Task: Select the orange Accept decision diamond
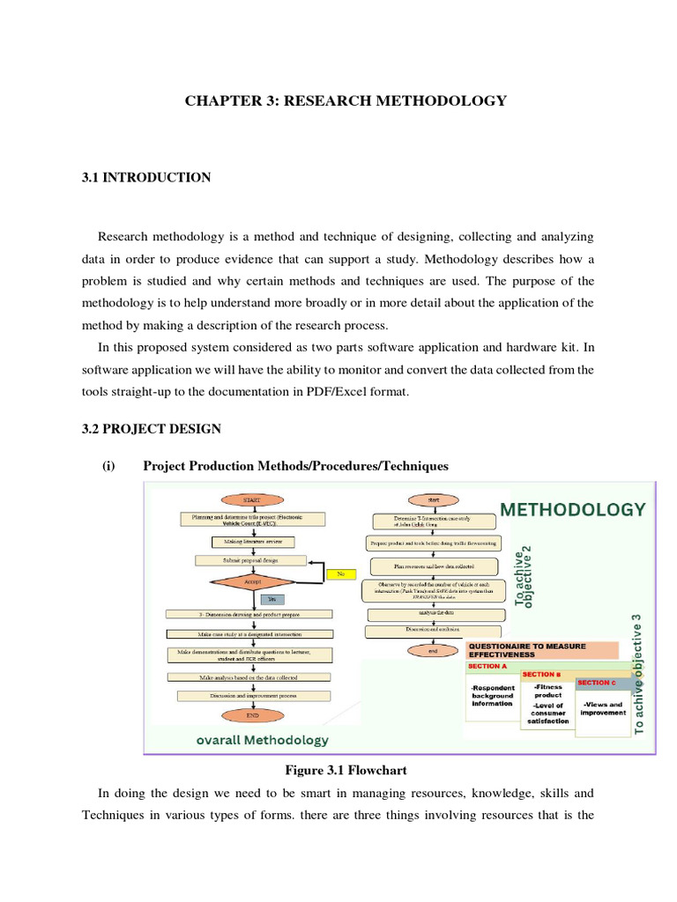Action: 252,581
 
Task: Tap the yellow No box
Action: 339,574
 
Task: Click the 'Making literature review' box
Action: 252,541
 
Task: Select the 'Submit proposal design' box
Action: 252,560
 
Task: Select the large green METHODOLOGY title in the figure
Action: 573,509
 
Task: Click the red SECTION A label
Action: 487,667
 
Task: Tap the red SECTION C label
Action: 599,683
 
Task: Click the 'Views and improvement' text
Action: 603,708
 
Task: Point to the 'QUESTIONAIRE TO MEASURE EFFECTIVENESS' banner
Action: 540,650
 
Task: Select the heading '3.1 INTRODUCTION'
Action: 146,178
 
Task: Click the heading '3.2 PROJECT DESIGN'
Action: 152,429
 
